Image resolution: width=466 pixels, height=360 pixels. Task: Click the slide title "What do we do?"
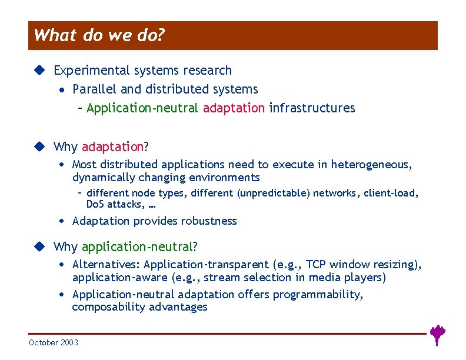(98, 36)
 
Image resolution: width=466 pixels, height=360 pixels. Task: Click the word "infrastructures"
(312, 108)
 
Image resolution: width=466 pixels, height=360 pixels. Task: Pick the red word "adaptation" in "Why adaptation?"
(112, 146)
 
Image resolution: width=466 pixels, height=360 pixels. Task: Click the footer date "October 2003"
(54, 342)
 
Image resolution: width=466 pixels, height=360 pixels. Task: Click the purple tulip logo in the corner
(437, 334)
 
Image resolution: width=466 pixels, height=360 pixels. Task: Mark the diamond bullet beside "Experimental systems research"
(39, 71)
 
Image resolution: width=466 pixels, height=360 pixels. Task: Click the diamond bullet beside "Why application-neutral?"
(39, 246)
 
